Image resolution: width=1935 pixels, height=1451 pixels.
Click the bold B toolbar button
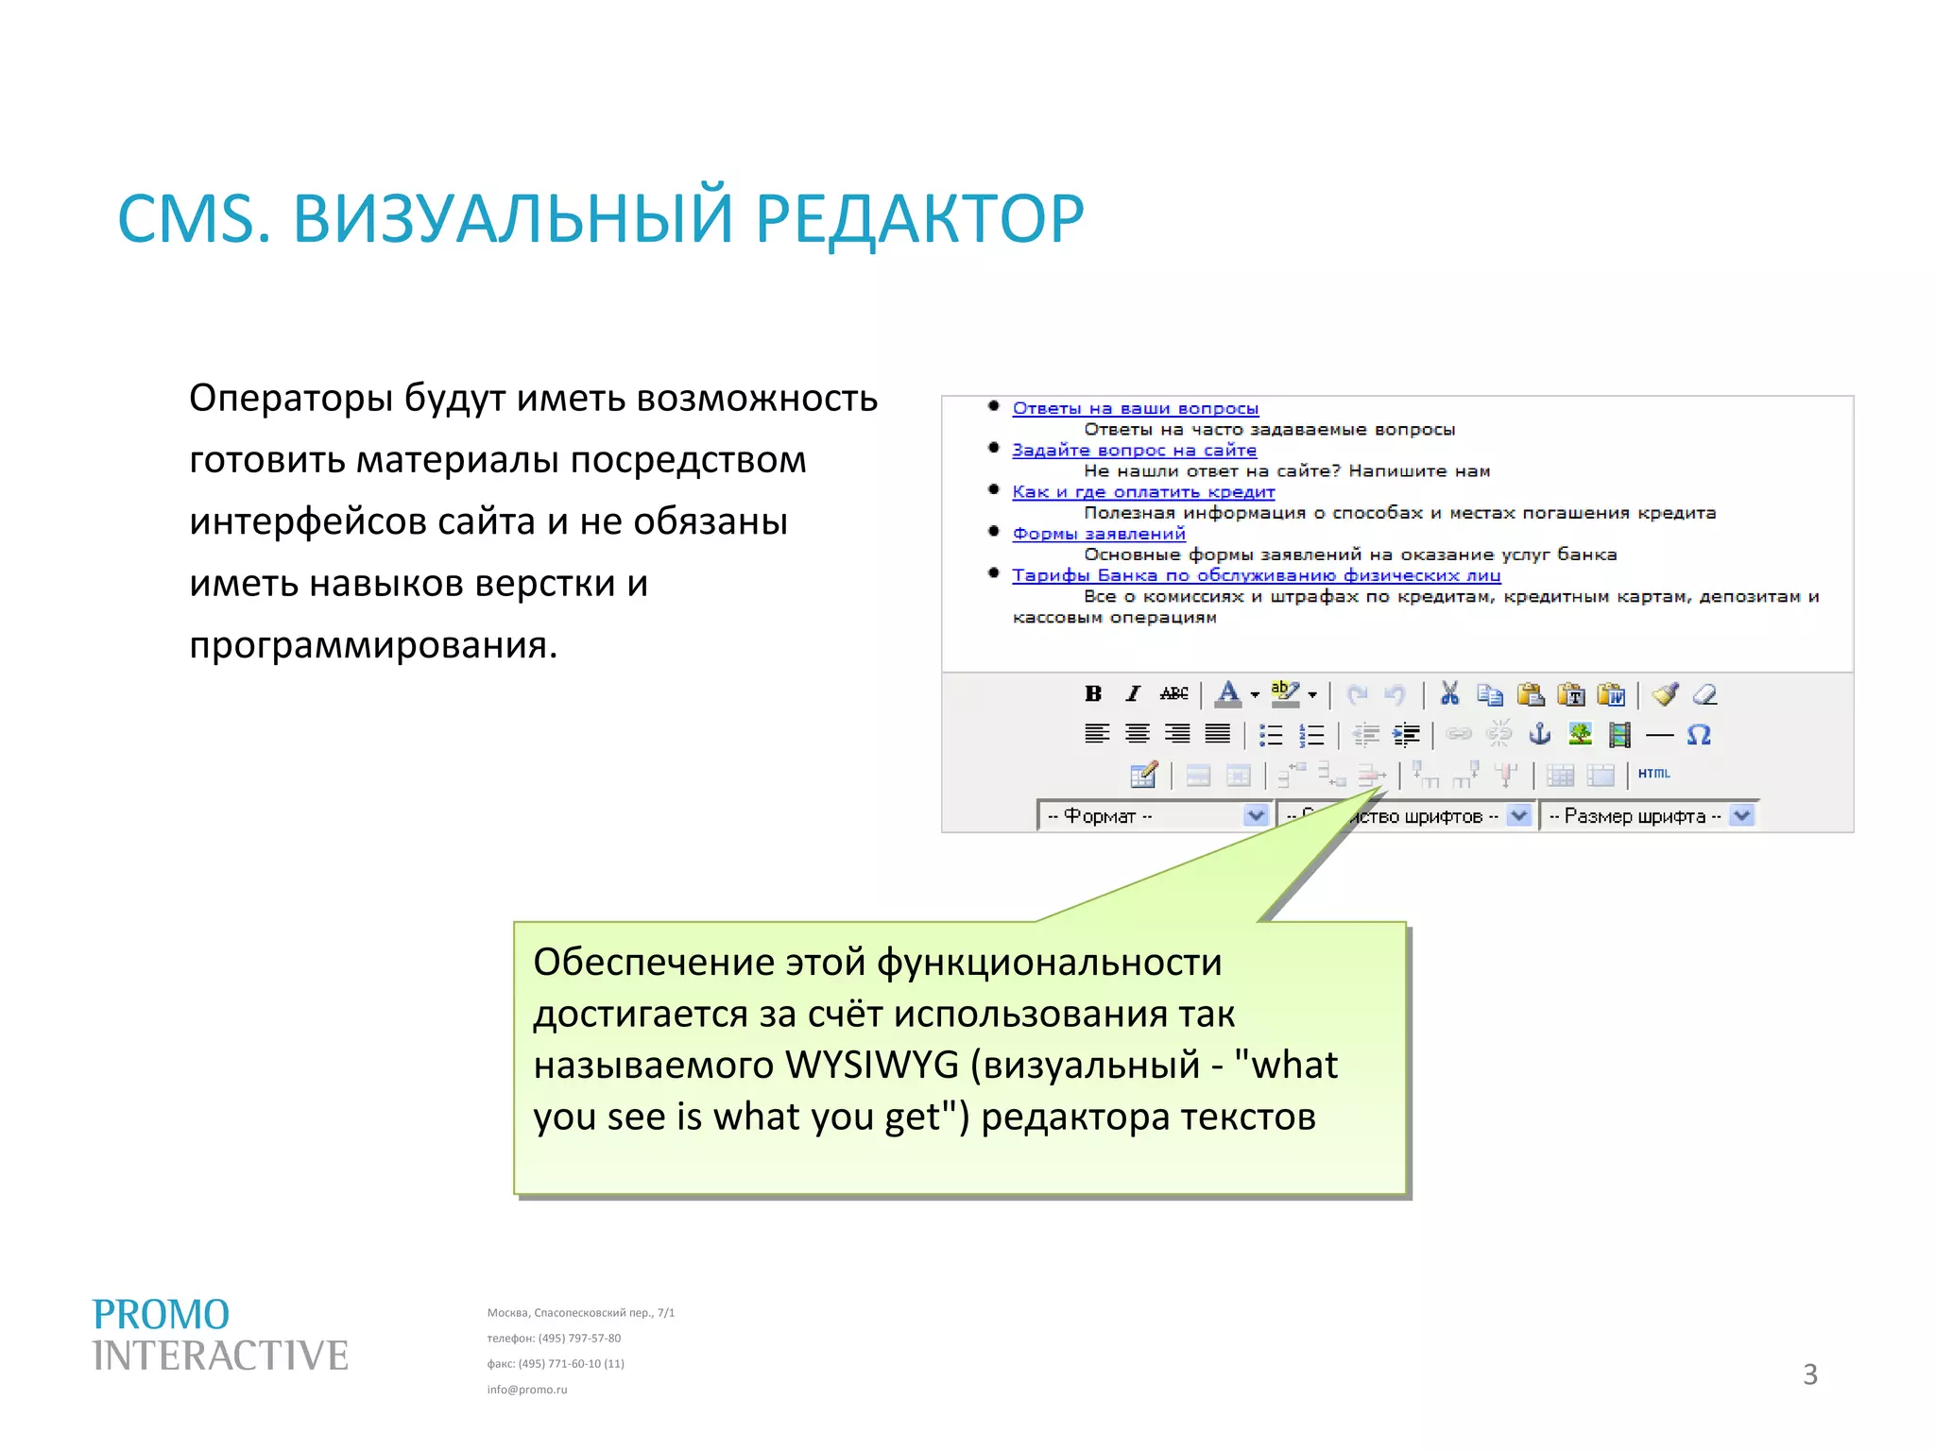pos(1093,694)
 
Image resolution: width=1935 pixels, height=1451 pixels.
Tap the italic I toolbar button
pos(1133,694)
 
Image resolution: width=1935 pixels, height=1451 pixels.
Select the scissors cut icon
pos(1449,694)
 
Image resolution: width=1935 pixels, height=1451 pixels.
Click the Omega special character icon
pos(1698,735)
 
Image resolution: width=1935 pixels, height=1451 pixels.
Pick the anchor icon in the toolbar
pos(1540,734)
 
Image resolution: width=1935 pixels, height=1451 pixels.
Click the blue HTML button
pos(1653,774)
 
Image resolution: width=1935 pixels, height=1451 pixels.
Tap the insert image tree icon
pos(1580,734)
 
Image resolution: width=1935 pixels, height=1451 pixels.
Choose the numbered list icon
pos(1311,735)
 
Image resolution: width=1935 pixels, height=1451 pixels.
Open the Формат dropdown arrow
pos(1256,815)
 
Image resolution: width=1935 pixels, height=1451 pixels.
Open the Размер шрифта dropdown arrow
pos(1742,815)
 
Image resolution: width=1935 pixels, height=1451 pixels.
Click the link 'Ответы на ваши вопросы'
pos(1135,408)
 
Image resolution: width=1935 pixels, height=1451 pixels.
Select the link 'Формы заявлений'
pos(1098,534)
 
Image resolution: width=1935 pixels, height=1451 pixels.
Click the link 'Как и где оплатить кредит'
pos(1143,492)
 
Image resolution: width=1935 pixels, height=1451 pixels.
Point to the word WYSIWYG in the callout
pos(871,1066)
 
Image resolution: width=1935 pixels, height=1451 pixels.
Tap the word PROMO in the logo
pos(161,1315)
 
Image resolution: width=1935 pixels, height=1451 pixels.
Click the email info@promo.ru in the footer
pos(527,1390)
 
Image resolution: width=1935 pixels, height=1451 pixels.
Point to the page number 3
pos(1809,1374)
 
